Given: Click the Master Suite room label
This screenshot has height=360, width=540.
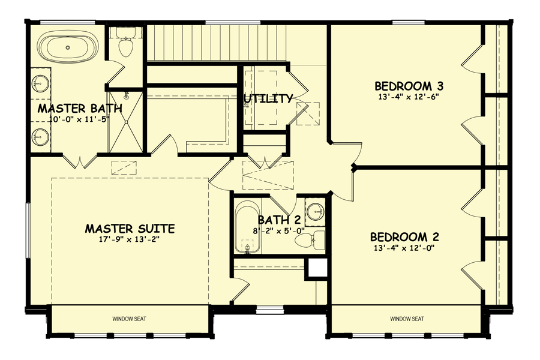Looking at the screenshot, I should point(130,229).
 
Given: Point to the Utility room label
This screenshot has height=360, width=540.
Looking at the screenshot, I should point(268,98).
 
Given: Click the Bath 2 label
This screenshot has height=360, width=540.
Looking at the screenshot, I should point(278,220).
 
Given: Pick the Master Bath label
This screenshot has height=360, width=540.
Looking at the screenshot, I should point(80,109).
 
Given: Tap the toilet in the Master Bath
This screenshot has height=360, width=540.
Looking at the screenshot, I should point(125,46).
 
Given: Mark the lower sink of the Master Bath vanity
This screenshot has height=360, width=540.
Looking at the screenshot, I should point(41,136).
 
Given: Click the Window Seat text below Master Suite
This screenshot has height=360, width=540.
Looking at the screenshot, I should point(130,319).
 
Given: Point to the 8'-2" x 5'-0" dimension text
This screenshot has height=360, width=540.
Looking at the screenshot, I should point(278,230).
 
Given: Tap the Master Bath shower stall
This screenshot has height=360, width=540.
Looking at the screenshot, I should point(127,120).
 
